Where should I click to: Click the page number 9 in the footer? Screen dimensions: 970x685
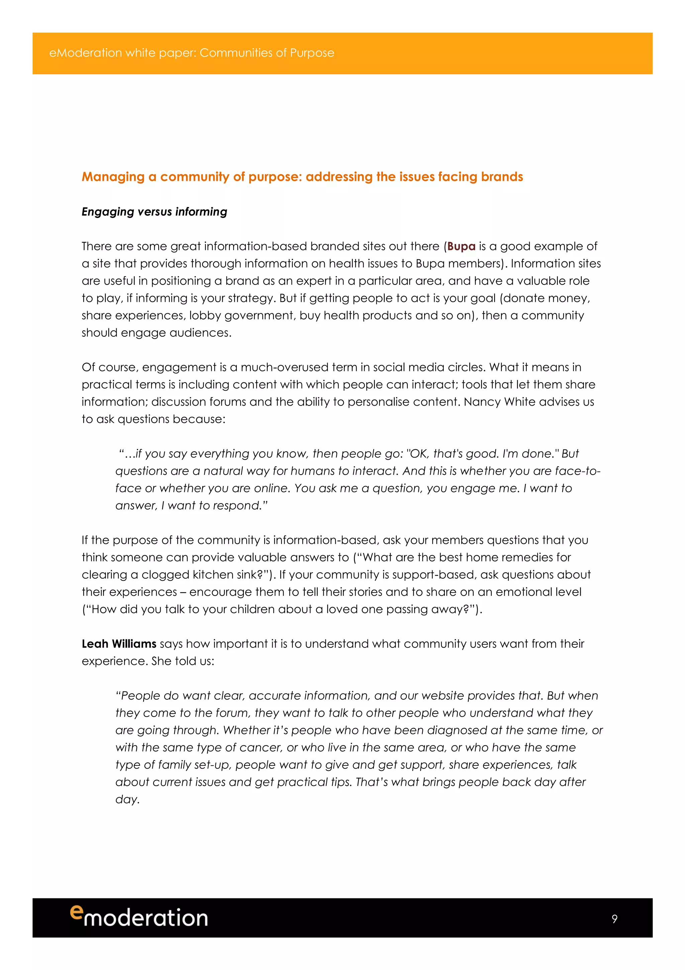tap(614, 918)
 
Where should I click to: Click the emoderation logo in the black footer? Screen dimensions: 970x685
tap(139, 917)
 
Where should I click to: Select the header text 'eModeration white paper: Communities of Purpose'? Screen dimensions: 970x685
tap(192, 53)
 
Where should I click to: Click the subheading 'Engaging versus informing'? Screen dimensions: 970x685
tap(154, 212)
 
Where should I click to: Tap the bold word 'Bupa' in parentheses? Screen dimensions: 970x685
tap(461, 246)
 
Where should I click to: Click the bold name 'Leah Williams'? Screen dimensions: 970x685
tap(119, 644)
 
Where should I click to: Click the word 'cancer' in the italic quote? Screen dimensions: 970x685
tap(260, 747)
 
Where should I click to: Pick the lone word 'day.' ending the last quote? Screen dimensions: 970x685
tap(127, 799)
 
